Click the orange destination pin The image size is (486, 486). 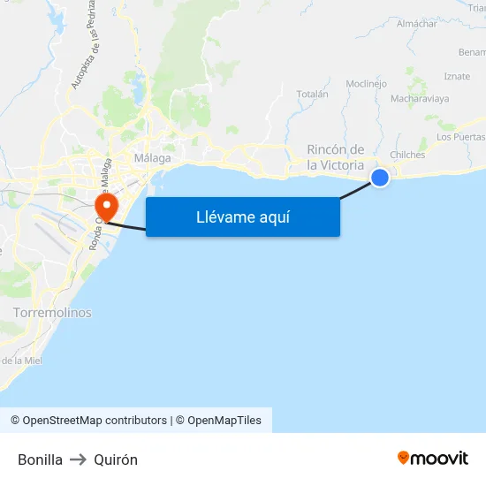(106, 208)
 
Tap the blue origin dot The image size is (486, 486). (380, 178)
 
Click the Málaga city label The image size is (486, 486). (151, 158)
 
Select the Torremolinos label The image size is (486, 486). (52, 313)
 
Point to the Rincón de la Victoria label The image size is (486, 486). (336, 157)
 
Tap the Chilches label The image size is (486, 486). (407, 155)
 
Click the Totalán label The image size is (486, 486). (312, 94)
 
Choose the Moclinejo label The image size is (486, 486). (367, 84)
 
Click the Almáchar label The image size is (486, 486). (417, 24)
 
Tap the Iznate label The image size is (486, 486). (457, 77)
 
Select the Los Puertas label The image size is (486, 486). (460, 137)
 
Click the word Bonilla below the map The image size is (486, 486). (40, 459)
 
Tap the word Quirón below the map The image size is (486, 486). (116, 459)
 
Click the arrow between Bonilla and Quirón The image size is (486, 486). (79, 459)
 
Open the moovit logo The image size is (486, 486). (433, 458)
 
